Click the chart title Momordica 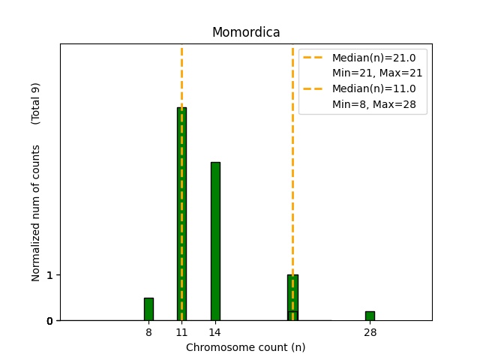(246, 32)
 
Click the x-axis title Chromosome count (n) (245, 347)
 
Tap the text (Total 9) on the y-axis (35, 103)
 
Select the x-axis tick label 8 (148, 331)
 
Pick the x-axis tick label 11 (181, 331)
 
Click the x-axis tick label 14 (214, 331)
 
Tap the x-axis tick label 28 (370, 331)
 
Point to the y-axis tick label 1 (49, 275)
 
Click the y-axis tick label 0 (49, 321)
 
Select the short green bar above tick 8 (148, 309)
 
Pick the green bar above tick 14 (215, 241)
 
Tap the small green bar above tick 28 (370, 316)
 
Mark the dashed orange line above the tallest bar (181, 75)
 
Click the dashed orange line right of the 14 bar (292, 187)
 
